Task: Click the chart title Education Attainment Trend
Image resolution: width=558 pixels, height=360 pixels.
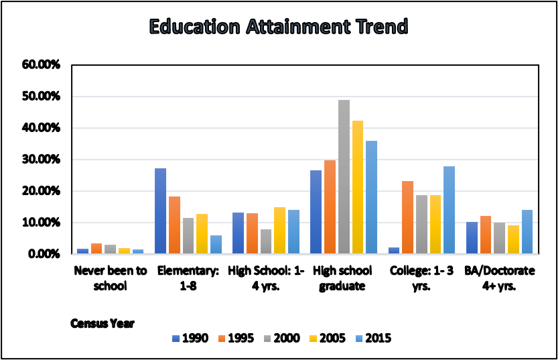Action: [x=278, y=27]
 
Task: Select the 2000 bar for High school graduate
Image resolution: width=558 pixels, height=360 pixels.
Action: [x=344, y=177]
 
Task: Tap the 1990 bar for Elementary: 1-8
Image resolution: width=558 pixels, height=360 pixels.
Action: [x=161, y=211]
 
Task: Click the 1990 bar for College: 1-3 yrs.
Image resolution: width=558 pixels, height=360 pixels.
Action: [x=394, y=250]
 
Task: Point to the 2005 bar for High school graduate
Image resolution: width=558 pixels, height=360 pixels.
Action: [x=358, y=187]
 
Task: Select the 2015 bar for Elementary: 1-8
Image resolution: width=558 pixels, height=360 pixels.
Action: [x=216, y=244]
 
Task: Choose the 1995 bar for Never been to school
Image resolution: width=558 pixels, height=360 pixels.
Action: [x=96, y=248]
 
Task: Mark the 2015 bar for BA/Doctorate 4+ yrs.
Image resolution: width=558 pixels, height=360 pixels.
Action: [x=527, y=232]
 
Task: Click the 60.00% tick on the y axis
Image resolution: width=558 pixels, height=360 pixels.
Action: [x=41, y=65]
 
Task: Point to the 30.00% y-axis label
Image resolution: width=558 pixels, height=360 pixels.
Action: [x=41, y=160]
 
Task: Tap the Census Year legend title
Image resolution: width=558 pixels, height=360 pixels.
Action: [x=102, y=323]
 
